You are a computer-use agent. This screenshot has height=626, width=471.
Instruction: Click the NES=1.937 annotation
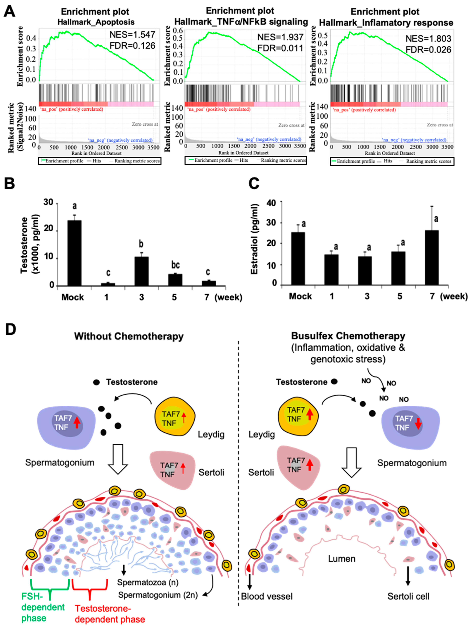(280, 37)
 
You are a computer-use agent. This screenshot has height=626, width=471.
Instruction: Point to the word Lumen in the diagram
(341, 559)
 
